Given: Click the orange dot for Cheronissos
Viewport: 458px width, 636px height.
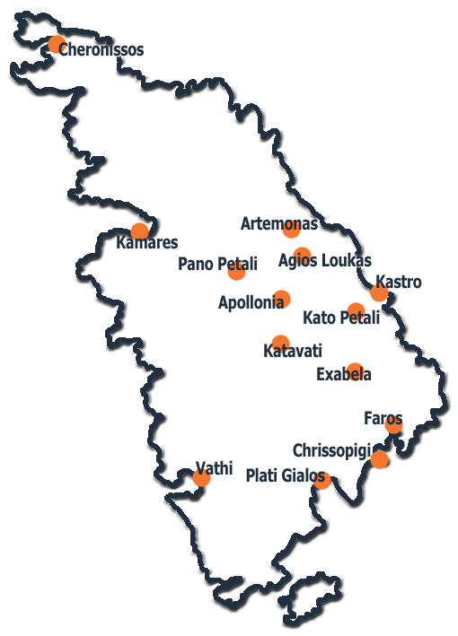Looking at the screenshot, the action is pos(57,44).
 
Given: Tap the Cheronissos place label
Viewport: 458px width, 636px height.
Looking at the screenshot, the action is pos(101,49).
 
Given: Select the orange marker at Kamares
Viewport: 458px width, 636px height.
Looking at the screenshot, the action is pos(140,231).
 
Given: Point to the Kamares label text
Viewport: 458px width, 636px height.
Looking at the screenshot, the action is pos(147,242).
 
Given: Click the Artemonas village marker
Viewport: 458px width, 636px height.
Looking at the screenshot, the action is pos(292,229).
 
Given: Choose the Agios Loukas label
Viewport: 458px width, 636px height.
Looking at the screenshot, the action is pos(325,260).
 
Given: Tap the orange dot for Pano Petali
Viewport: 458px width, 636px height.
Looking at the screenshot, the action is pos(237,272).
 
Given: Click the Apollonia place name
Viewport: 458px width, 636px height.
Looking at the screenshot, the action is pos(251,302).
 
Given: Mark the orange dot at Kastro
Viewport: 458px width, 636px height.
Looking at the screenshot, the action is pos(379,292).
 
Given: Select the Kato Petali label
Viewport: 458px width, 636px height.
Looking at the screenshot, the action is pos(341,318).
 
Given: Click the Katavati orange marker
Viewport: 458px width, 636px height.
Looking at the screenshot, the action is pos(280,344).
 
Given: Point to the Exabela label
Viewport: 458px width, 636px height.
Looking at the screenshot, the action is pos(343,374).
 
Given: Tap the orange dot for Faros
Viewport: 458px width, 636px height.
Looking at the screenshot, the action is pos(393,425).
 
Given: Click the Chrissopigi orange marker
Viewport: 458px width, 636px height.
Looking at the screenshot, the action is pos(379,459).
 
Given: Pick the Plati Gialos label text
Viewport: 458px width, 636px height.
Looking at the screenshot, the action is pos(286,475).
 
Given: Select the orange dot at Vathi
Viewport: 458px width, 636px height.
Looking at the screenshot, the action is pos(201,478).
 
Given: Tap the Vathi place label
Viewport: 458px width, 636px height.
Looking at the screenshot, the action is pos(214,468).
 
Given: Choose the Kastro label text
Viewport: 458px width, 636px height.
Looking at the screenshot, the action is pos(399,282).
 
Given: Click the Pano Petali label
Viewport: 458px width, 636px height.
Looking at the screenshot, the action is pos(217,264).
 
